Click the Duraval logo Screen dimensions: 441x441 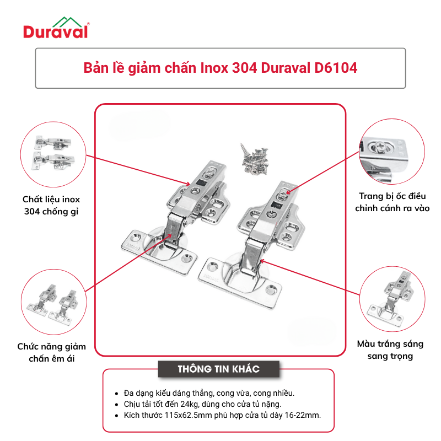56,28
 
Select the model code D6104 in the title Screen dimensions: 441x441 336,68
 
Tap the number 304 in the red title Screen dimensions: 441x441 245,68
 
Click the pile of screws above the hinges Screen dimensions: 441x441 255,159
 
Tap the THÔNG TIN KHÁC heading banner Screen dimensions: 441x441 218,369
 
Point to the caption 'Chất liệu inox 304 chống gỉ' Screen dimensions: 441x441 51,205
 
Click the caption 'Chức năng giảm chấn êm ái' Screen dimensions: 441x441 51,352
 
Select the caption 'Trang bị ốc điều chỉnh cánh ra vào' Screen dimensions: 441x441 392,202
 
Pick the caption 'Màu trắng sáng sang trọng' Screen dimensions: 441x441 390,350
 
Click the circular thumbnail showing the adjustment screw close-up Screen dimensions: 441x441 392,152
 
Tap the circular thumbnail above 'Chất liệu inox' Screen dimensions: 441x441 53,154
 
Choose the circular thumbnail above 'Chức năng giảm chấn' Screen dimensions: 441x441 53,302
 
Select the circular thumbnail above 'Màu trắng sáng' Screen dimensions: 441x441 392,299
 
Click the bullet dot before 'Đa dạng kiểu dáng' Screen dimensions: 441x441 116,394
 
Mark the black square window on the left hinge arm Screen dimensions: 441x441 202,182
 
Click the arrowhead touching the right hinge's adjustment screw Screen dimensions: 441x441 288,192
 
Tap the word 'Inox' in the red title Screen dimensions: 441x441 214,68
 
